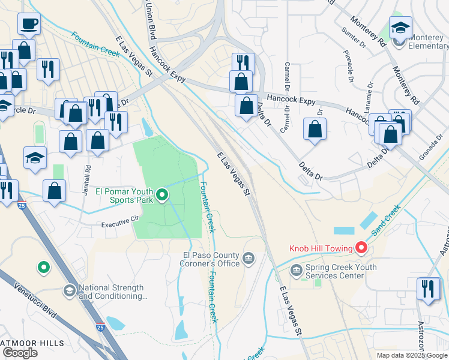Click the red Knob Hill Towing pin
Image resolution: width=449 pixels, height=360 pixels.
point(361,247)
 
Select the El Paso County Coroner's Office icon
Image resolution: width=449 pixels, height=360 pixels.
point(249,259)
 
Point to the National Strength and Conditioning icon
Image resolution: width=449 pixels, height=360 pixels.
point(69,291)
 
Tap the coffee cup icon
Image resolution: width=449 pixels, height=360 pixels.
point(29,25)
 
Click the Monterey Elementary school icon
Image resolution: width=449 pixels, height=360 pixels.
point(400,28)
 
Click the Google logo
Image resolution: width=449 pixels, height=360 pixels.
point(20,353)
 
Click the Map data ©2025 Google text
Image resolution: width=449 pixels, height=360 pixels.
point(411,355)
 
